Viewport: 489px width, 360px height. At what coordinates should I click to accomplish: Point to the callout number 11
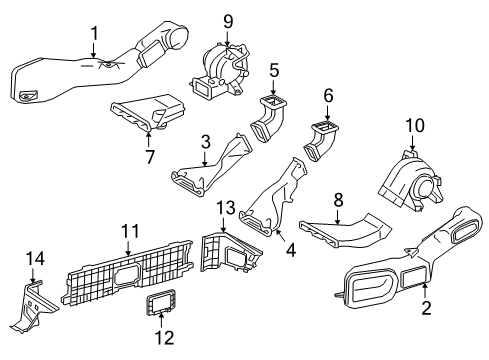click(x=127, y=232)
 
